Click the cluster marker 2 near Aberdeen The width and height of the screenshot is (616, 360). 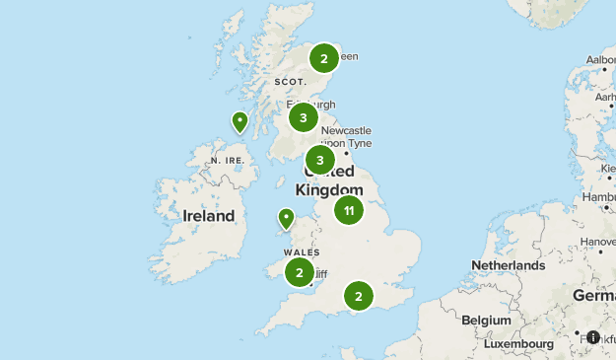(x=323, y=59)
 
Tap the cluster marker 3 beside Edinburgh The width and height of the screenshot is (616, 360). (x=304, y=118)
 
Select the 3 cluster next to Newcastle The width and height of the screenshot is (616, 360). (x=319, y=160)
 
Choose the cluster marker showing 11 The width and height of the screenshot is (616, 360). (x=348, y=210)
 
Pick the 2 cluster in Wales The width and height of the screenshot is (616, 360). (x=300, y=272)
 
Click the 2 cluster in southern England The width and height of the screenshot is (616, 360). (x=358, y=295)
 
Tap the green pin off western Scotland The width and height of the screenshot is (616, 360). (x=240, y=121)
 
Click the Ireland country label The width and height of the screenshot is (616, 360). (x=209, y=216)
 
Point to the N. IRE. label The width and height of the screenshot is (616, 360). (x=227, y=160)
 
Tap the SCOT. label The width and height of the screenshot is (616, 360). (x=291, y=82)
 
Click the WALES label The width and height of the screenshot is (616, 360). (x=303, y=252)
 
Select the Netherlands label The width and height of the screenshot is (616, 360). (x=508, y=265)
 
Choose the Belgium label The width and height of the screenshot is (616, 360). (x=487, y=321)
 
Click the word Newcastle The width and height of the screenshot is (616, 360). (x=346, y=130)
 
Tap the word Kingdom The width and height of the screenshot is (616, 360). (x=329, y=190)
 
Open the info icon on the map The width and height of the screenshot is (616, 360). (x=593, y=337)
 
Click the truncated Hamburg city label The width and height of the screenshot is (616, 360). (x=599, y=197)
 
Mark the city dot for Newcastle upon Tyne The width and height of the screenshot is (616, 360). (x=347, y=153)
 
